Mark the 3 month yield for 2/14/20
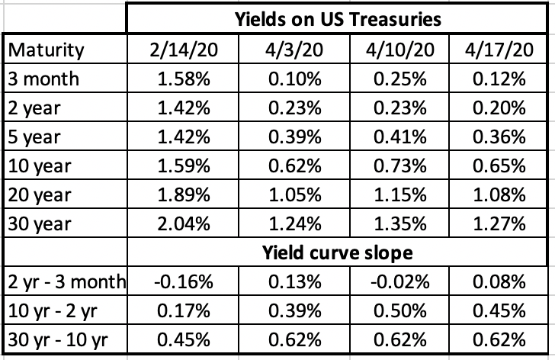click(x=184, y=79)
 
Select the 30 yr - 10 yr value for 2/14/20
click(x=184, y=338)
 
